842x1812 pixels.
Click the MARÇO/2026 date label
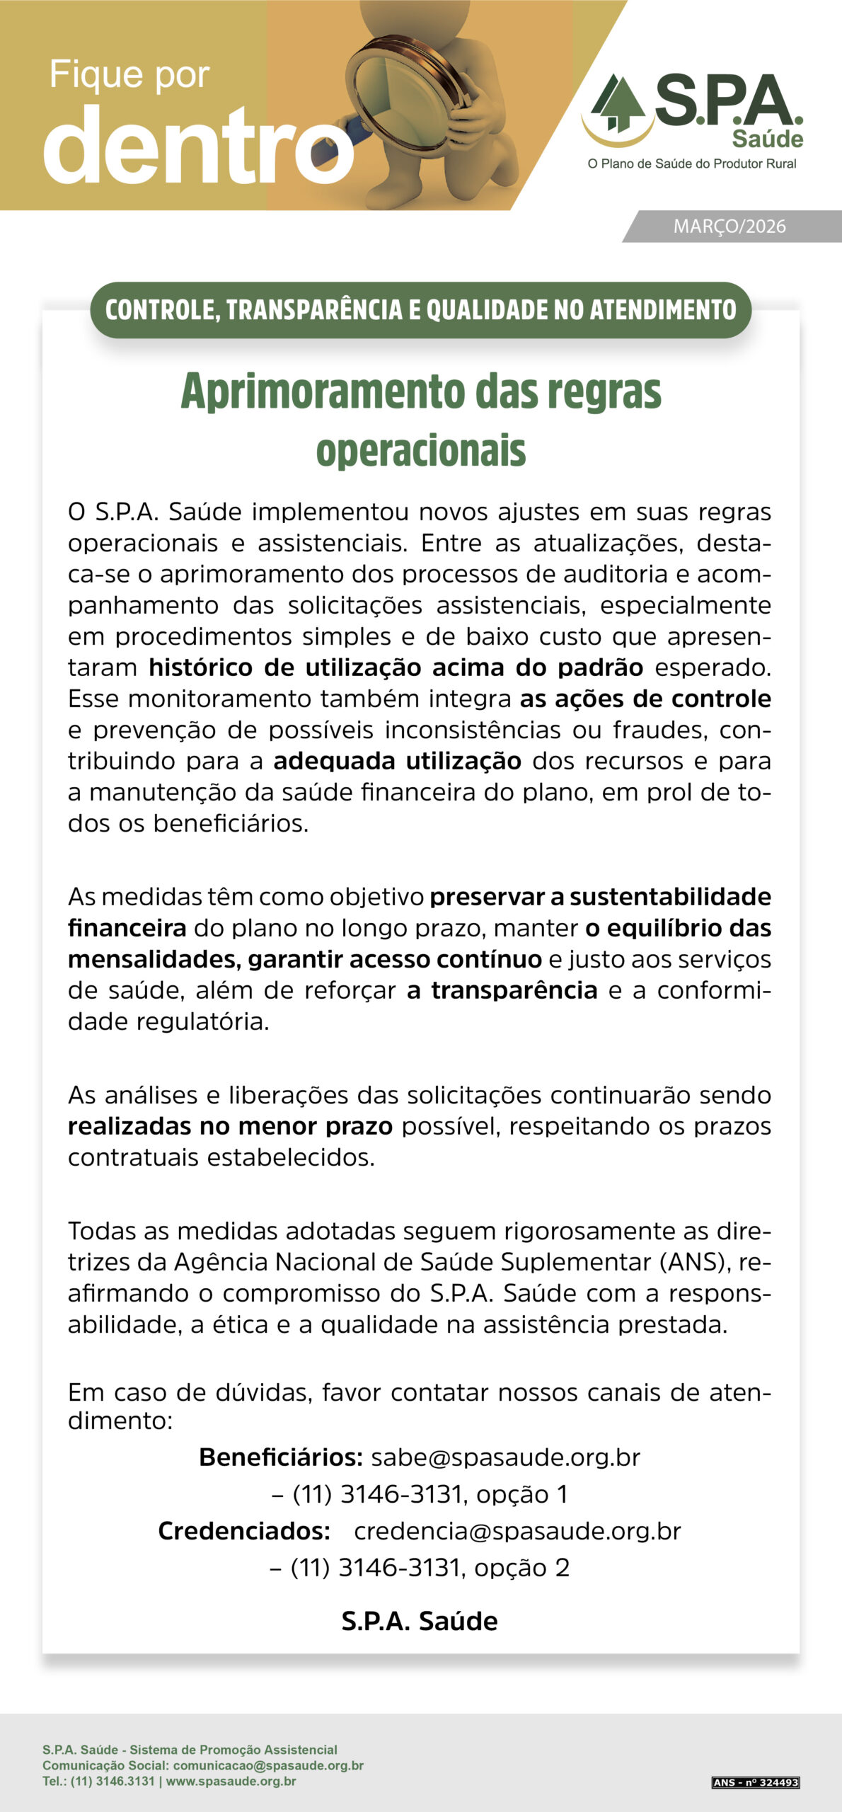[729, 226]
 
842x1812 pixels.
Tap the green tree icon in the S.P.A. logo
[619, 103]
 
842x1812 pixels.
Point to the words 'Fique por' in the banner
[129, 75]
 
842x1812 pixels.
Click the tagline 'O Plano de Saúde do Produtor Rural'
[691, 164]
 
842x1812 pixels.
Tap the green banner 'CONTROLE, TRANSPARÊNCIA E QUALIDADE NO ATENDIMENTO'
[420, 310]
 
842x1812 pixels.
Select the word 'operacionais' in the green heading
[421, 450]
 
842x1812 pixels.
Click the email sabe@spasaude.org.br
[505, 1457]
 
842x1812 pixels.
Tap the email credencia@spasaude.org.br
[517, 1531]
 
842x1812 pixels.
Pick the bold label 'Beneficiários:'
[281, 1457]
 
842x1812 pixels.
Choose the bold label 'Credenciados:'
[244, 1531]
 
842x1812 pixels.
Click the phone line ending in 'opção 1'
[420, 1494]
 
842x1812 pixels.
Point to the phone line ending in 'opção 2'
[420, 1568]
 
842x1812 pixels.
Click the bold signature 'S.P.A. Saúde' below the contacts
[420, 1620]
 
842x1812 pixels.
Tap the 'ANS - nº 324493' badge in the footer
[756, 1782]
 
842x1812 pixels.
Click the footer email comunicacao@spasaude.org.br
[268, 1765]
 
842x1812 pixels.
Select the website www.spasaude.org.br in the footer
[231, 1781]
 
